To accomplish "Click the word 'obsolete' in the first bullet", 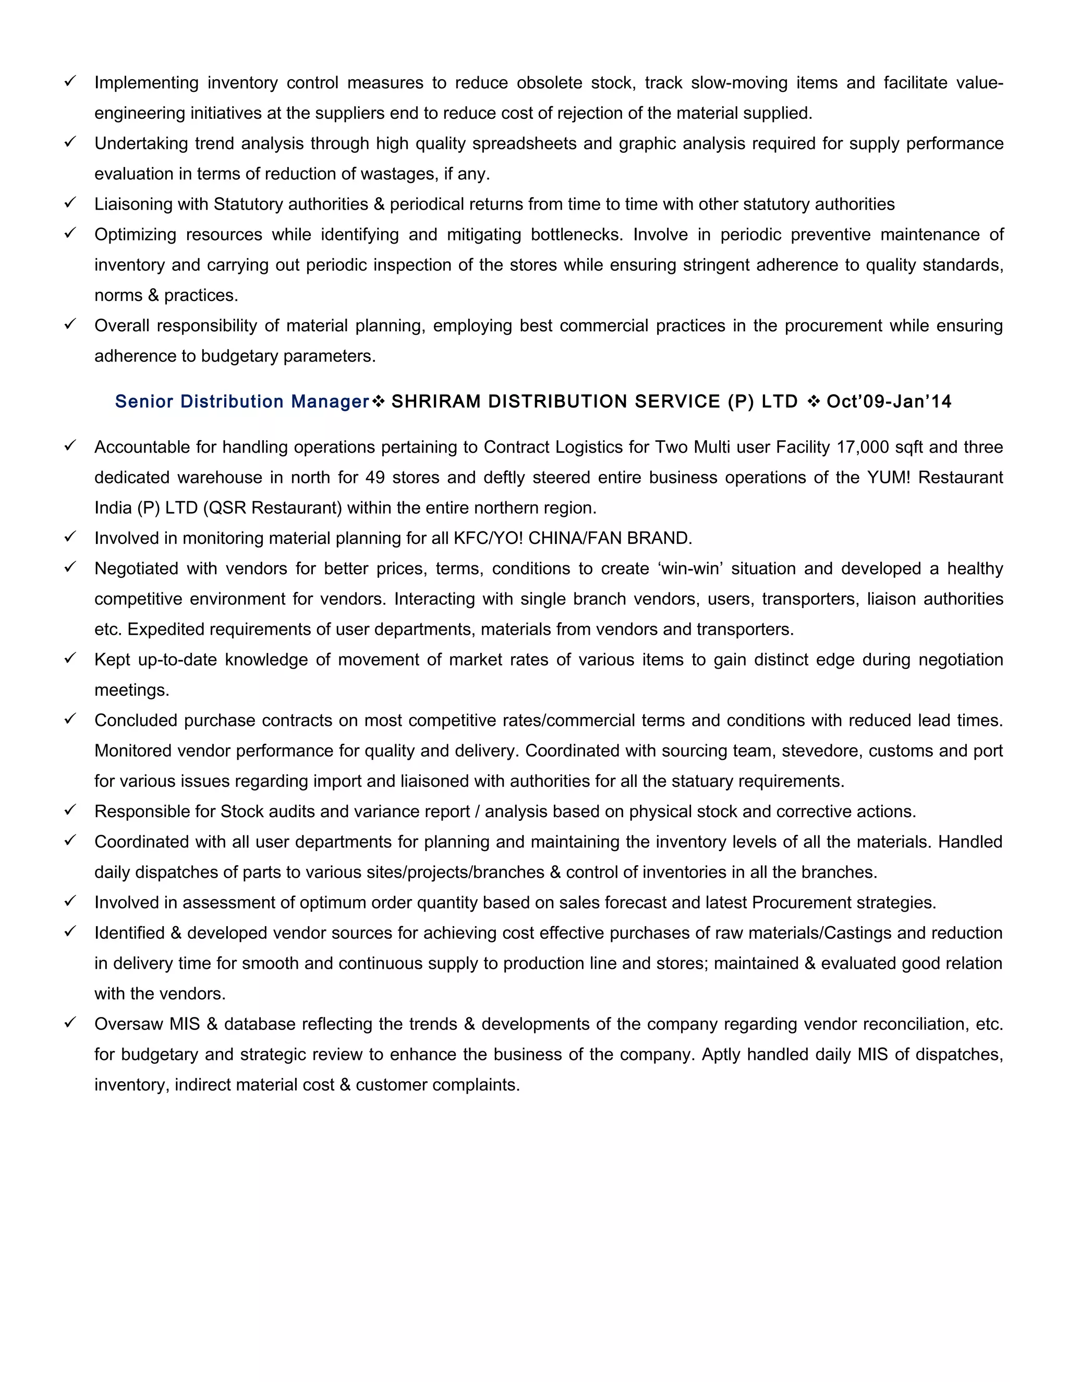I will click(x=549, y=83).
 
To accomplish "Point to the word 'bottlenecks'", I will click(x=576, y=235).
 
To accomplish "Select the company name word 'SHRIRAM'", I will click(x=436, y=402).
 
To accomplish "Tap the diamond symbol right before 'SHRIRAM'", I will click(x=379, y=401).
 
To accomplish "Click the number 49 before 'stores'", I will click(x=375, y=478).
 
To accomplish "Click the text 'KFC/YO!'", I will click(x=489, y=539).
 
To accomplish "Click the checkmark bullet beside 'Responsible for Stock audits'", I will click(x=70, y=810).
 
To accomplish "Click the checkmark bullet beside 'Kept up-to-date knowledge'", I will click(x=70, y=658).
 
